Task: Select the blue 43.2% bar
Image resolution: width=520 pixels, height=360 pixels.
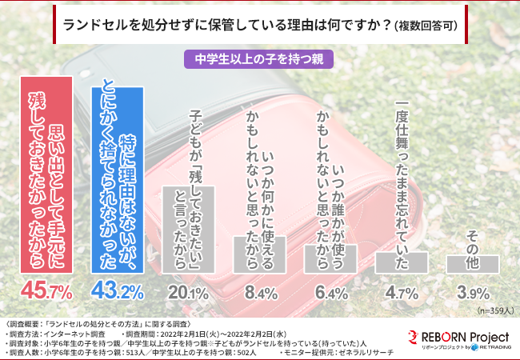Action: coord(118,179)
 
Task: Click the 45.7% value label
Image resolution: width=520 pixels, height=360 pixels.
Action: coord(50,290)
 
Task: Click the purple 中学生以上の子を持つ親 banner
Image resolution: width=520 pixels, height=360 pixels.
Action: coord(259,58)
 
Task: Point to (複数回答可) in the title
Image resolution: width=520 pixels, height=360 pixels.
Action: coord(426,26)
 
